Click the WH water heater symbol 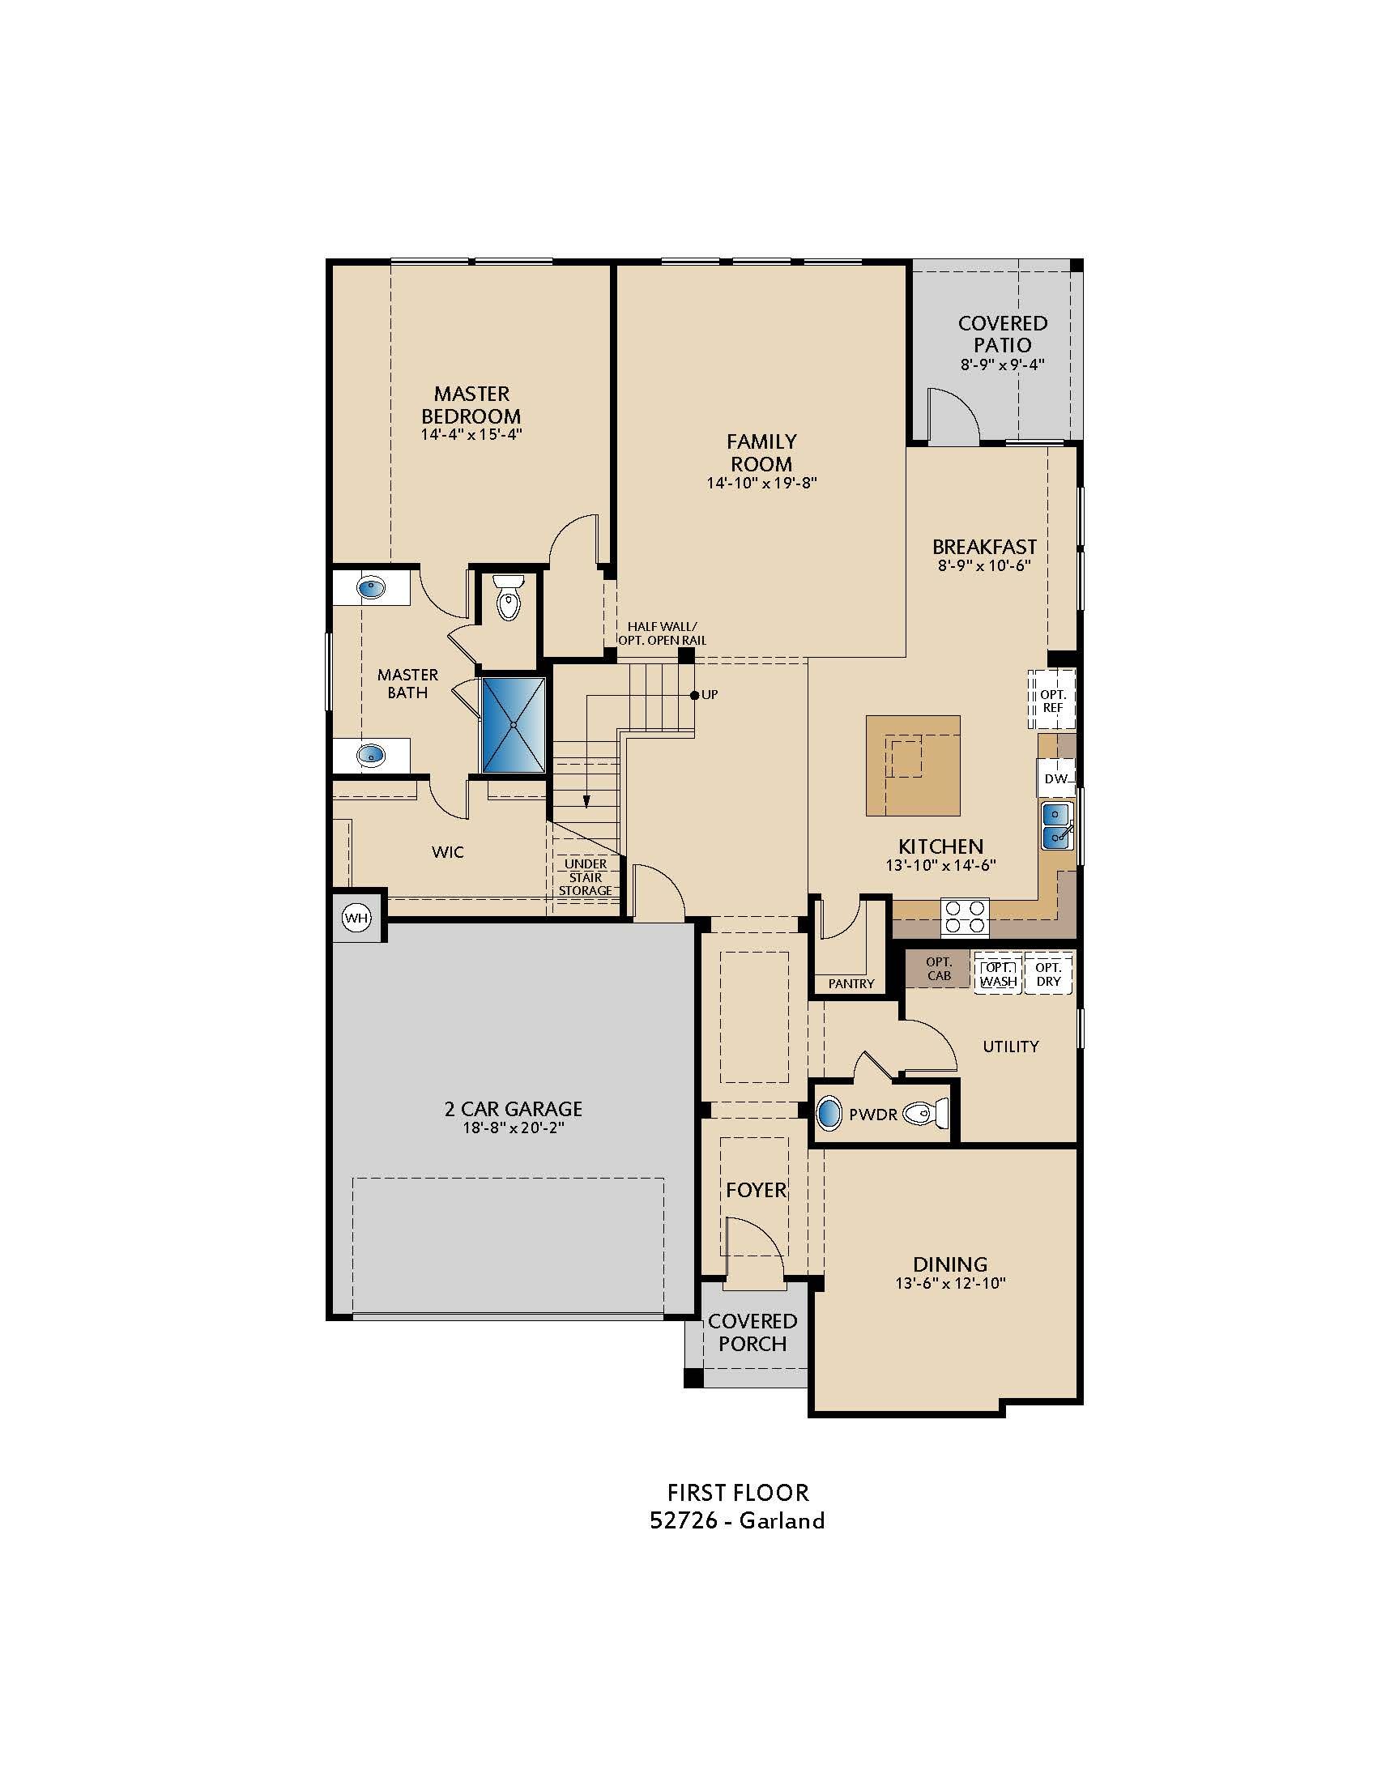point(356,918)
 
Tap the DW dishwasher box point(1055,779)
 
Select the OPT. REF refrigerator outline point(1052,700)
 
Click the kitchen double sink point(1056,825)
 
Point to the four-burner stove point(965,915)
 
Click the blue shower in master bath point(513,723)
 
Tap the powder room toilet point(927,1113)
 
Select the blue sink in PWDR point(829,1113)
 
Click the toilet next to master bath point(508,598)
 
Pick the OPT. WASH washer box point(998,974)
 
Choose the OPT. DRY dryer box point(1048,974)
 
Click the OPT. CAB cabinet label point(938,969)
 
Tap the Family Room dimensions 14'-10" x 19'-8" point(761,483)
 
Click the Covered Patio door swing point(953,419)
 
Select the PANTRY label point(850,983)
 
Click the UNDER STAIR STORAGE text point(585,877)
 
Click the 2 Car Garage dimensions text point(513,1128)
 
